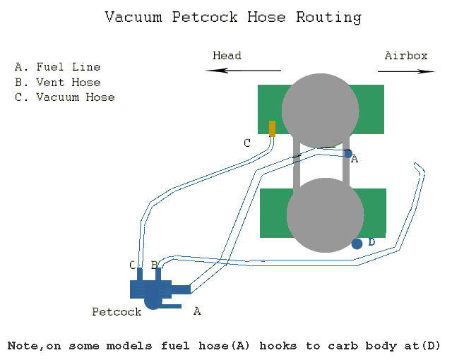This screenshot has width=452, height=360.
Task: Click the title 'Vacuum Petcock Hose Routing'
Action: pyautogui.click(x=232, y=17)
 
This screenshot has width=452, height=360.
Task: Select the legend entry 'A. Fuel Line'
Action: pyautogui.click(x=57, y=67)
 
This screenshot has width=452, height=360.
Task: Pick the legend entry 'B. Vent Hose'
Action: pyautogui.click(x=57, y=82)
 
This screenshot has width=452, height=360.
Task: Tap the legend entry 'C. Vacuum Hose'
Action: pyautogui.click(x=64, y=97)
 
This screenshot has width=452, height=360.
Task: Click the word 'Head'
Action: pyautogui.click(x=227, y=56)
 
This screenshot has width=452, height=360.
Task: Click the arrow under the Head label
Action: pyautogui.click(x=244, y=71)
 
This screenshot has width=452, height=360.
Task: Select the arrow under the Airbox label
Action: pyautogui.click(x=406, y=71)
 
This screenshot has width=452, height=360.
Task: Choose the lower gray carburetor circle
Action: pyautogui.click(x=325, y=215)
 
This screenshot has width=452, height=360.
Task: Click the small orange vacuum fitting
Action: pyautogui.click(x=272, y=128)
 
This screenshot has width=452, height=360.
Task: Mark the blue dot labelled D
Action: pyautogui.click(x=357, y=244)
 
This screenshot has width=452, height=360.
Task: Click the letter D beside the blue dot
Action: pyautogui.click(x=371, y=242)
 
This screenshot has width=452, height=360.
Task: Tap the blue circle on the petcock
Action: pyautogui.click(x=153, y=302)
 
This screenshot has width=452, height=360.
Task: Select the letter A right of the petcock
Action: pyautogui.click(x=197, y=311)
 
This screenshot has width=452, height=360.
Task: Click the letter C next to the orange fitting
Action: pyautogui.click(x=247, y=143)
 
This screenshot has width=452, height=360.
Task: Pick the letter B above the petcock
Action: pyautogui.click(x=154, y=265)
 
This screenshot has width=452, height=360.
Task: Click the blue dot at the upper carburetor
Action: pyautogui.click(x=347, y=152)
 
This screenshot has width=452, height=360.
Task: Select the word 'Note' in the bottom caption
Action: pyautogui.click(x=23, y=346)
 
